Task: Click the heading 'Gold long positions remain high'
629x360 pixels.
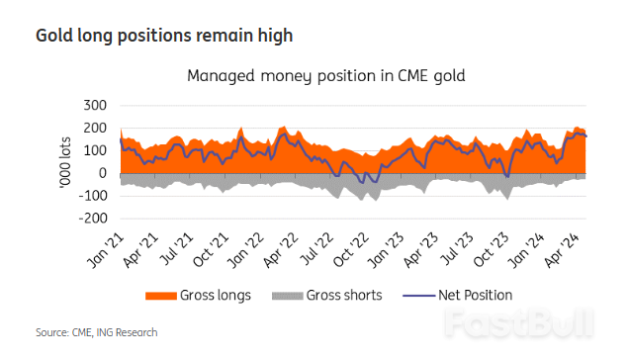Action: pyautogui.click(x=164, y=36)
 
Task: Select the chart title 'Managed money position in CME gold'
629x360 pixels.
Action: pyautogui.click(x=325, y=75)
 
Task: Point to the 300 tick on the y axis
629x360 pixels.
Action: pyautogui.click(x=94, y=105)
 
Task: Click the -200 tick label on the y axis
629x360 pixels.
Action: pyautogui.click(x=91, y=219)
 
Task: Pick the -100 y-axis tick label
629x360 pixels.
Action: pyautogui.click(x=91, y=196)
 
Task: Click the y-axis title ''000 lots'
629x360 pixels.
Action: pyautogui.click(x=65, y=161)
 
